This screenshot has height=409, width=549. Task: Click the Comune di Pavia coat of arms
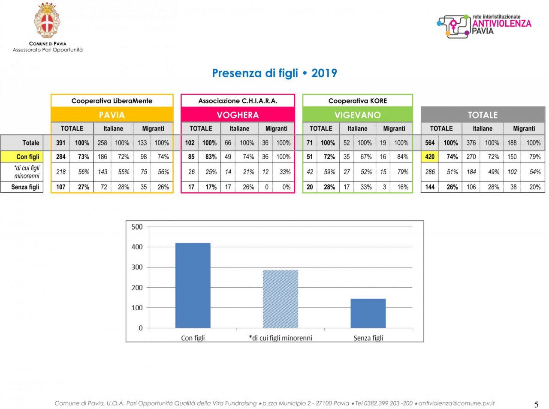47,20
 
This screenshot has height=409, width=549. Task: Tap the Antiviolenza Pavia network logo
484,26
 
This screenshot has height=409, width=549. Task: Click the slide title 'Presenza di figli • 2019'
274,73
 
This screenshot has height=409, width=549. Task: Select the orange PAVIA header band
112,115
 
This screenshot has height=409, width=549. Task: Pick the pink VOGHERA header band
238,115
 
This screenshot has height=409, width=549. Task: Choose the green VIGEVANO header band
357,115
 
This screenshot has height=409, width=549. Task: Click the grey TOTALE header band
483,115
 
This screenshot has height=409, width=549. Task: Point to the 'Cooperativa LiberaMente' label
112,101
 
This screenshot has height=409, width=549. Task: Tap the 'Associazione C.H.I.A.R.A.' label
238,101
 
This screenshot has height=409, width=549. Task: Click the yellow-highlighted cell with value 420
430,157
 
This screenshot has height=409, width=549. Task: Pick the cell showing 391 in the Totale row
61,142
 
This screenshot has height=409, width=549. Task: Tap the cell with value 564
430,142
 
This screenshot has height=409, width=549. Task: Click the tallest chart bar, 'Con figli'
193,285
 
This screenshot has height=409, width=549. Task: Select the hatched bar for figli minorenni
280,299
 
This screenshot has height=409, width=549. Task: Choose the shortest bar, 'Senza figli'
368,313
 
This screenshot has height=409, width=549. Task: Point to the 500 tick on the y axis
137,227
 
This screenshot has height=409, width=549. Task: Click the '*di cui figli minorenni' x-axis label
281,338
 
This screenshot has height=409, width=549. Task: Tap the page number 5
536,404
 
